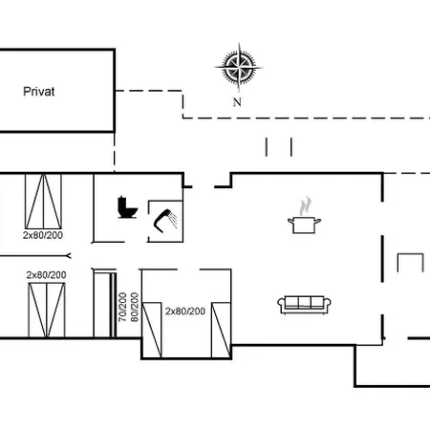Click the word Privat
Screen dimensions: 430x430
(x=39, y=92)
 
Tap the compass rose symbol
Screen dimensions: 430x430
(x=239, y=68)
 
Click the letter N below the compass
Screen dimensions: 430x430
(x=237, y=102)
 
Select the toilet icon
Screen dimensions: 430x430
(x=127, y=207)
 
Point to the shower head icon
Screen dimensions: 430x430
(x=165, y=220)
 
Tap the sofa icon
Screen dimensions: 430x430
(x=304, y=305)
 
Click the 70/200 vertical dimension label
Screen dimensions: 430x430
(x=122, y=307)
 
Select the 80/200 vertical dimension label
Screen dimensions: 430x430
(x=135, y=307)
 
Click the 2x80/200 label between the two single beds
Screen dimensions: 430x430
(x=185, y=311)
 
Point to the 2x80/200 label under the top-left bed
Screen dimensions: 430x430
(x=43, y=235)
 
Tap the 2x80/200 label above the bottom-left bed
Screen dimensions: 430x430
(x=46, y=275)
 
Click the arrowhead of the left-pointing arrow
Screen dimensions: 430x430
(x=68, y=256)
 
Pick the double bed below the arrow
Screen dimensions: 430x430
(x=47, y=310)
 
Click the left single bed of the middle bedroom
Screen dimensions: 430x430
(x=152, y=330)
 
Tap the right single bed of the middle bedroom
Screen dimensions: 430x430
(x=221, y=330)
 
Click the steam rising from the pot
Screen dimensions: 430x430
(x=305, y=205)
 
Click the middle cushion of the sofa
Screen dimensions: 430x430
(x=304, y=302)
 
